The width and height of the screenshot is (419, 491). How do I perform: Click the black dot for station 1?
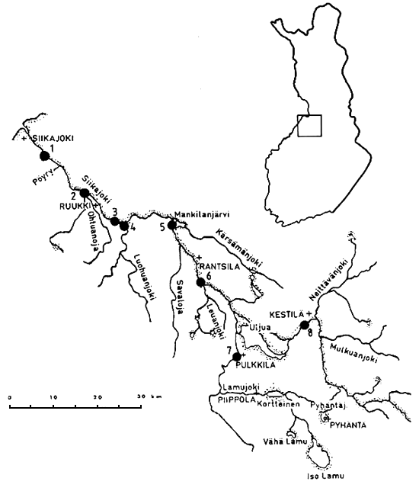44,156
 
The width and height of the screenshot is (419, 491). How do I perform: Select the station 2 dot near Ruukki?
85,193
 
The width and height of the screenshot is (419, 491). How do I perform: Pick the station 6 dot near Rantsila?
200,283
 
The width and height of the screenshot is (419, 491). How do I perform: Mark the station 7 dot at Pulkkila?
237,357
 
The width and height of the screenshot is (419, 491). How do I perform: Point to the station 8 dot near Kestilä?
305,325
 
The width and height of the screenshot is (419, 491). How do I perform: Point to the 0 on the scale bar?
10,397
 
